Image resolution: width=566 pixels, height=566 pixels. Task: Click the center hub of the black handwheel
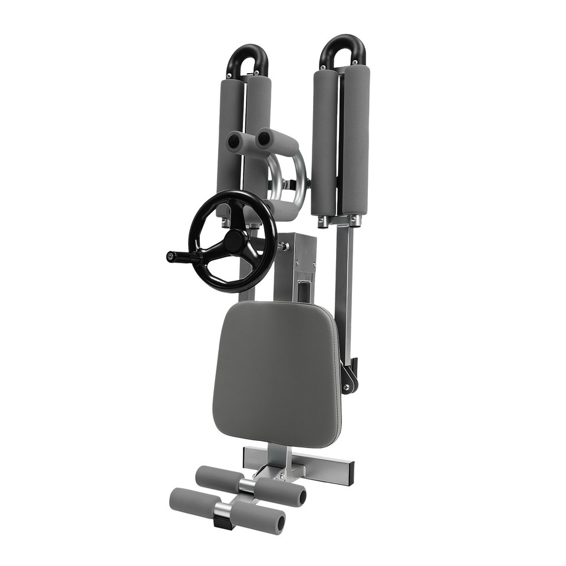[x=234, y=241]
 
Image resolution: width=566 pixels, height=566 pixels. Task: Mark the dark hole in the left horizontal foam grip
[x=233, y=141]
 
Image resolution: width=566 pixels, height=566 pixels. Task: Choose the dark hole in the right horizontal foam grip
[x=264, y=139]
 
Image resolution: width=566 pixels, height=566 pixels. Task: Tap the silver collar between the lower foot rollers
[x=222, y=510]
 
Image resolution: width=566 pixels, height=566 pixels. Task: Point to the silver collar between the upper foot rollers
[x=248, y=486]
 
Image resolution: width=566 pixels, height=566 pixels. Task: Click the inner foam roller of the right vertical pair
[x=325, y=141]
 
